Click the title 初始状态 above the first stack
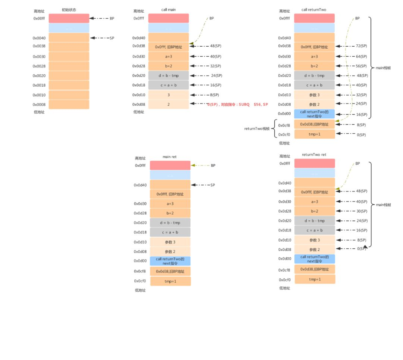click(x=69, y=10)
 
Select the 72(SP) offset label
click(x=361, y=46)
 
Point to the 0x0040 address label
click(x=39, y=38)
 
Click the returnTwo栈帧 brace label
click(x=256, y=128)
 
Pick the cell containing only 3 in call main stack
click(x=168, y=95)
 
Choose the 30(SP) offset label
click(x=362, y=211)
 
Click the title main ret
click(x=170, y=157)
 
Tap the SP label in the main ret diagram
click(x=213, y=185)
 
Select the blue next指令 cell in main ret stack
click(x=170, y=261)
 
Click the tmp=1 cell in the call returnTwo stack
click(x=315, y=134)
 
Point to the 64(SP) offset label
click(x=361, y=56)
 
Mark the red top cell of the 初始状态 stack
click(x=69, y=18)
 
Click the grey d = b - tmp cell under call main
click(x=168, y=76)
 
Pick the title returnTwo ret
click(x=314, y=154)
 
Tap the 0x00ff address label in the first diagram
click(x=39, y=18)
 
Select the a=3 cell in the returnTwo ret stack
click(x=315, y=202)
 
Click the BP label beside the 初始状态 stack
click(x=112, y=18)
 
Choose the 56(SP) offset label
click(x=361, y=66)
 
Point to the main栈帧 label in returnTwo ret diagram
click(x=383, y=205)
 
